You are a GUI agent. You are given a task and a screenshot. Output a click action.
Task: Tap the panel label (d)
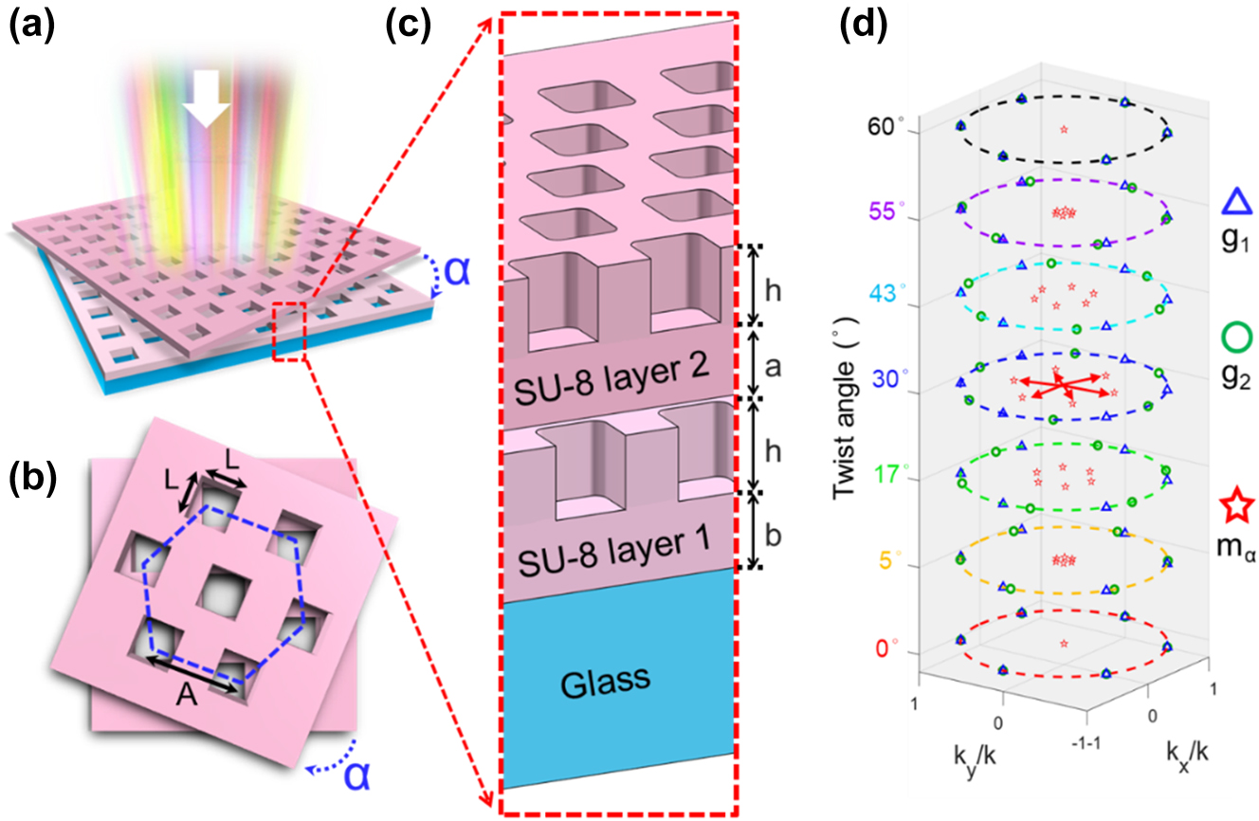864,26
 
